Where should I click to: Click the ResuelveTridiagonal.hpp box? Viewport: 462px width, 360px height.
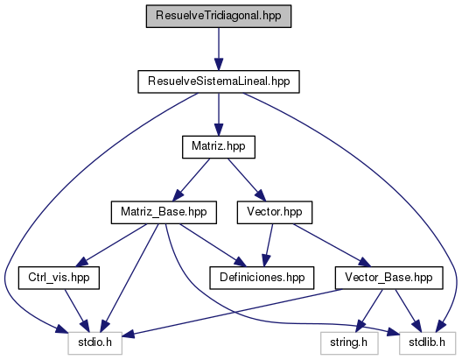(x=219, y=17)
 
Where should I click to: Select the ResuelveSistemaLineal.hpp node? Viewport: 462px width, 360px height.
(x=219, y=81)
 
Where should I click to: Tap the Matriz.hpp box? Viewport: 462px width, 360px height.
(x=219, y=147)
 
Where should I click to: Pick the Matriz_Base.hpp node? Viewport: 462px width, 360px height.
(x=164, y=213)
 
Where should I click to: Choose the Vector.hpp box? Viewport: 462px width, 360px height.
(x=275, y=213)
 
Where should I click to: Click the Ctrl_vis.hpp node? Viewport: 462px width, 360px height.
(x=59, y=278)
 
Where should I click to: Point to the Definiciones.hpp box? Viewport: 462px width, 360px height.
(x=262, y=278)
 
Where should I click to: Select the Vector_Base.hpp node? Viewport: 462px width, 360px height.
(x=388, y=278)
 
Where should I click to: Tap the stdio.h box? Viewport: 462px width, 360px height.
(x=94, y=343)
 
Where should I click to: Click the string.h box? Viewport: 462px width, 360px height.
(x=349, y=343)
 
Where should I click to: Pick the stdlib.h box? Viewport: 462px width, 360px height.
(x=428, y=343)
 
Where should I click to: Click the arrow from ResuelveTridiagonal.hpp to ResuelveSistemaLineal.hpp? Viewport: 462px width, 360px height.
(x=219, y=49)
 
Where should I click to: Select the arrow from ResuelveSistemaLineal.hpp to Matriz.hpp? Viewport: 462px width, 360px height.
(x=219, y=115)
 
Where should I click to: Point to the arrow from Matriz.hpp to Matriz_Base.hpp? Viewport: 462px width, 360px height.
(x=191, y=180)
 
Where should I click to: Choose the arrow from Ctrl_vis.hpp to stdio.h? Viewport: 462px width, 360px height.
(x=77, y=311)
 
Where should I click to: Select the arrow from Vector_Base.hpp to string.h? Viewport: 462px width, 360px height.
(x=370, y=311)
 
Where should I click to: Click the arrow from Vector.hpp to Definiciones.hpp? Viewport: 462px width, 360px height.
(x=269, y=245)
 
